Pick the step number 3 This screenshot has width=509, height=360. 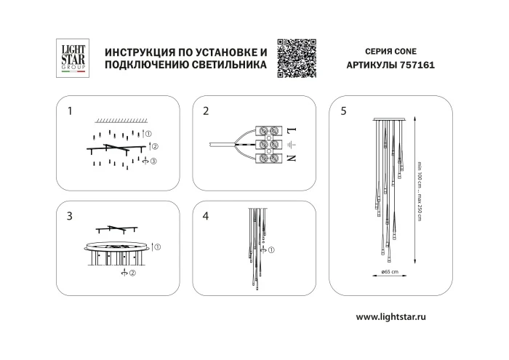pos(70,216)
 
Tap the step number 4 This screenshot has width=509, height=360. pos(206,216)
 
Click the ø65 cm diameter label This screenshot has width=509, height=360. pos(390,271)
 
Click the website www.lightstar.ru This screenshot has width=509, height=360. pos(401,317)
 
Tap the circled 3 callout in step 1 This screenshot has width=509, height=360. pos(151,160)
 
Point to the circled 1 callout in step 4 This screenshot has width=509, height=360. pos(271,250)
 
